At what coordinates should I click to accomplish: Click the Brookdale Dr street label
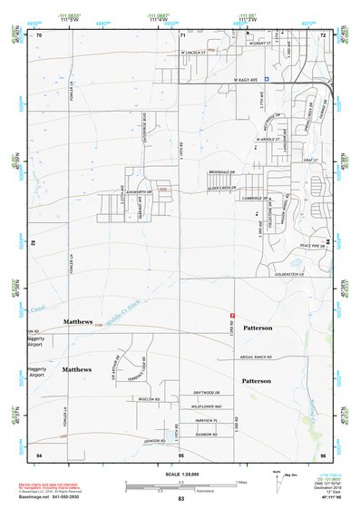222,172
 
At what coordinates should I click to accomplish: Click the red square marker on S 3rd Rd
233,315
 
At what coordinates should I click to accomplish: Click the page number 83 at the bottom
181,499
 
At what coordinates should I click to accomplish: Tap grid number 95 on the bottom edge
180,454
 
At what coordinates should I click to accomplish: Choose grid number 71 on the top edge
182,34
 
